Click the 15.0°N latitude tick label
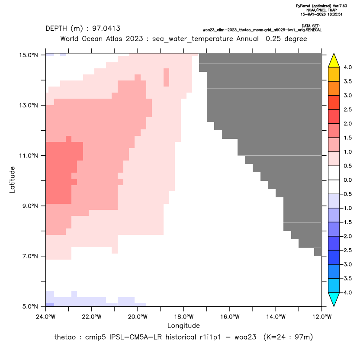29,55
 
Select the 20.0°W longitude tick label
138,317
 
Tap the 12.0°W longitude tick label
321,317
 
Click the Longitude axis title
183,325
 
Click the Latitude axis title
12,180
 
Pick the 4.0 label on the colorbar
347,67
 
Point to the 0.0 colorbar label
347,180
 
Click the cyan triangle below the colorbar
334,299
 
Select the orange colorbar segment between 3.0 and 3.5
334,88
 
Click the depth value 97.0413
106,29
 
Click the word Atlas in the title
114,39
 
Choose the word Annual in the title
247,39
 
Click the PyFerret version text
321,6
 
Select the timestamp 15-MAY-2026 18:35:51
321,14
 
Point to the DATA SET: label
311,26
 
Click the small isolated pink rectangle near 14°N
166,77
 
